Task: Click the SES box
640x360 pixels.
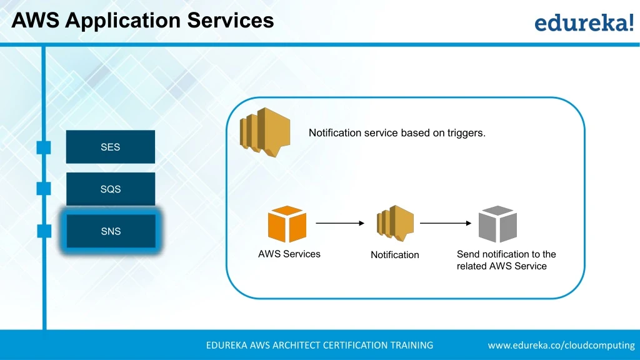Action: pos(110,147)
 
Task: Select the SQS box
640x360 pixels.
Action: pos(110,189)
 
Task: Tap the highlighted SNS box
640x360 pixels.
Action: pos(111,231)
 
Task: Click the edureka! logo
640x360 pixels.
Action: pos(584,23)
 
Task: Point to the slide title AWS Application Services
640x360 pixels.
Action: pos(142,20)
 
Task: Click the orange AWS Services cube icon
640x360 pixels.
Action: pos(287,224)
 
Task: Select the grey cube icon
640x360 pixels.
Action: pos(497,224)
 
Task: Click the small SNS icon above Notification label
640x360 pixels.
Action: pos(395,224)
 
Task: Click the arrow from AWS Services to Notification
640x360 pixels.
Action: pos(340,223)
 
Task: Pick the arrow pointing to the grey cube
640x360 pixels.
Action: pos(445,223)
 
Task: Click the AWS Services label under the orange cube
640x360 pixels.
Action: pos(289,254)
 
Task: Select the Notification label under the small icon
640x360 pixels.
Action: pos(394,255)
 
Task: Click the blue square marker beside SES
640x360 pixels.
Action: pos(44,147)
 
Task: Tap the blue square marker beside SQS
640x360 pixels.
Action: pos(44,189)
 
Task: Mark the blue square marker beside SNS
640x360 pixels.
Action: pos(44,231)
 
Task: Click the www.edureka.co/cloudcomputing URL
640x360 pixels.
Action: pos(561,345)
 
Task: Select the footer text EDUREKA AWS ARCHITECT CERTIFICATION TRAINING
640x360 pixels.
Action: pos(319,345)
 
